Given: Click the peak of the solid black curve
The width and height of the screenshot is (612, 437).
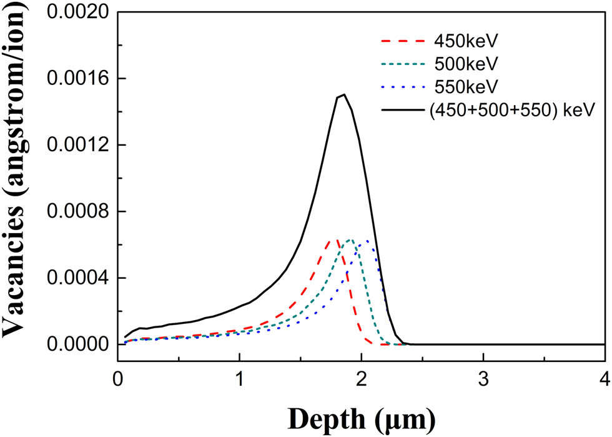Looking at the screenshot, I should [343, 94].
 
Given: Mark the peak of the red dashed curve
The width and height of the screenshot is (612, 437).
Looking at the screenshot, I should [335, 240].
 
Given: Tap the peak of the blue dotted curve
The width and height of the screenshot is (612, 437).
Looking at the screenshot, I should [367, 241].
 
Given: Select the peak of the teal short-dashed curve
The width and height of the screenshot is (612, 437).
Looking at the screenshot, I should [351, 240].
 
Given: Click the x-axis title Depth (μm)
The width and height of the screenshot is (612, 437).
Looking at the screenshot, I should [361, 415].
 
